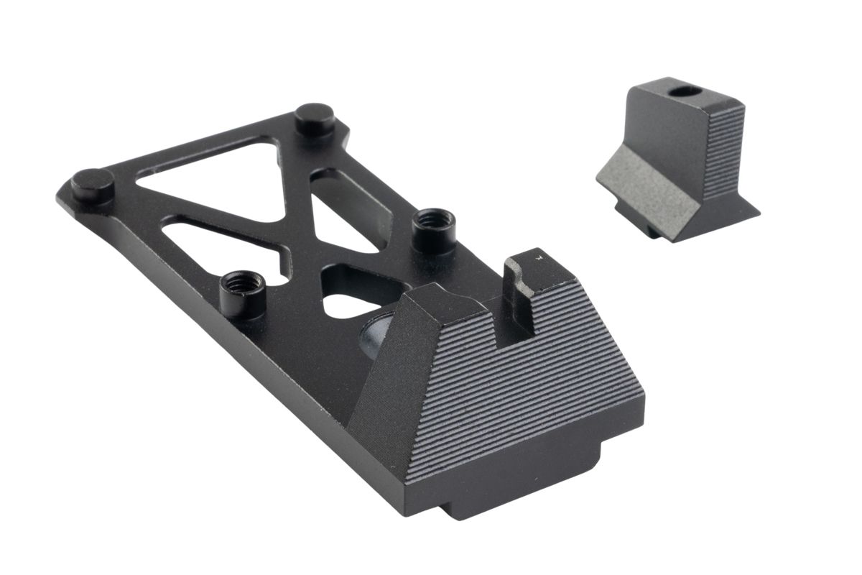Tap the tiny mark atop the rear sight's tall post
[x=538, y=255]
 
